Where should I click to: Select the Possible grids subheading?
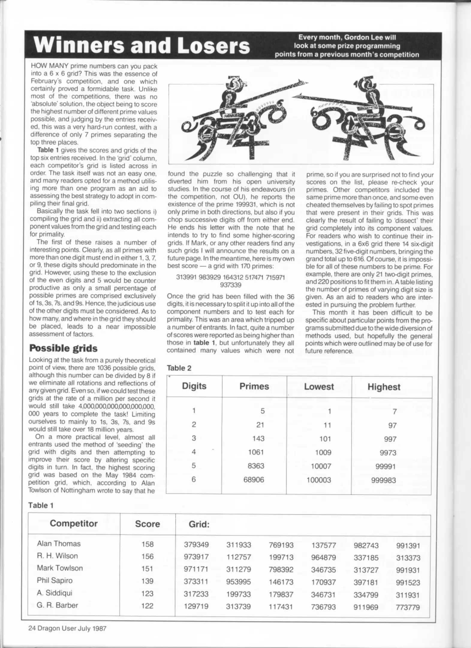pos(63,348)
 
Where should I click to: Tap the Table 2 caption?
pos(179,368)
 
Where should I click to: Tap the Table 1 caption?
pos(41,505)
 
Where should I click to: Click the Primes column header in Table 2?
pos(254,386)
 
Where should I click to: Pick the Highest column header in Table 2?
pos(384,387)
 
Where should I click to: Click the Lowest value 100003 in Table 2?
pos(318,480)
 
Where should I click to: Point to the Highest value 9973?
pos(388,452)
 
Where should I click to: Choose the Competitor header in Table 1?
pos(74,523)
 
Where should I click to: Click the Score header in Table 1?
pos(147,524)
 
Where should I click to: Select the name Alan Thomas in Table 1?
pos(59,543)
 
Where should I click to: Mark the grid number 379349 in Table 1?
pos(196,544)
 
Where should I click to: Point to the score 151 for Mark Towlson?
pos(147,568)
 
